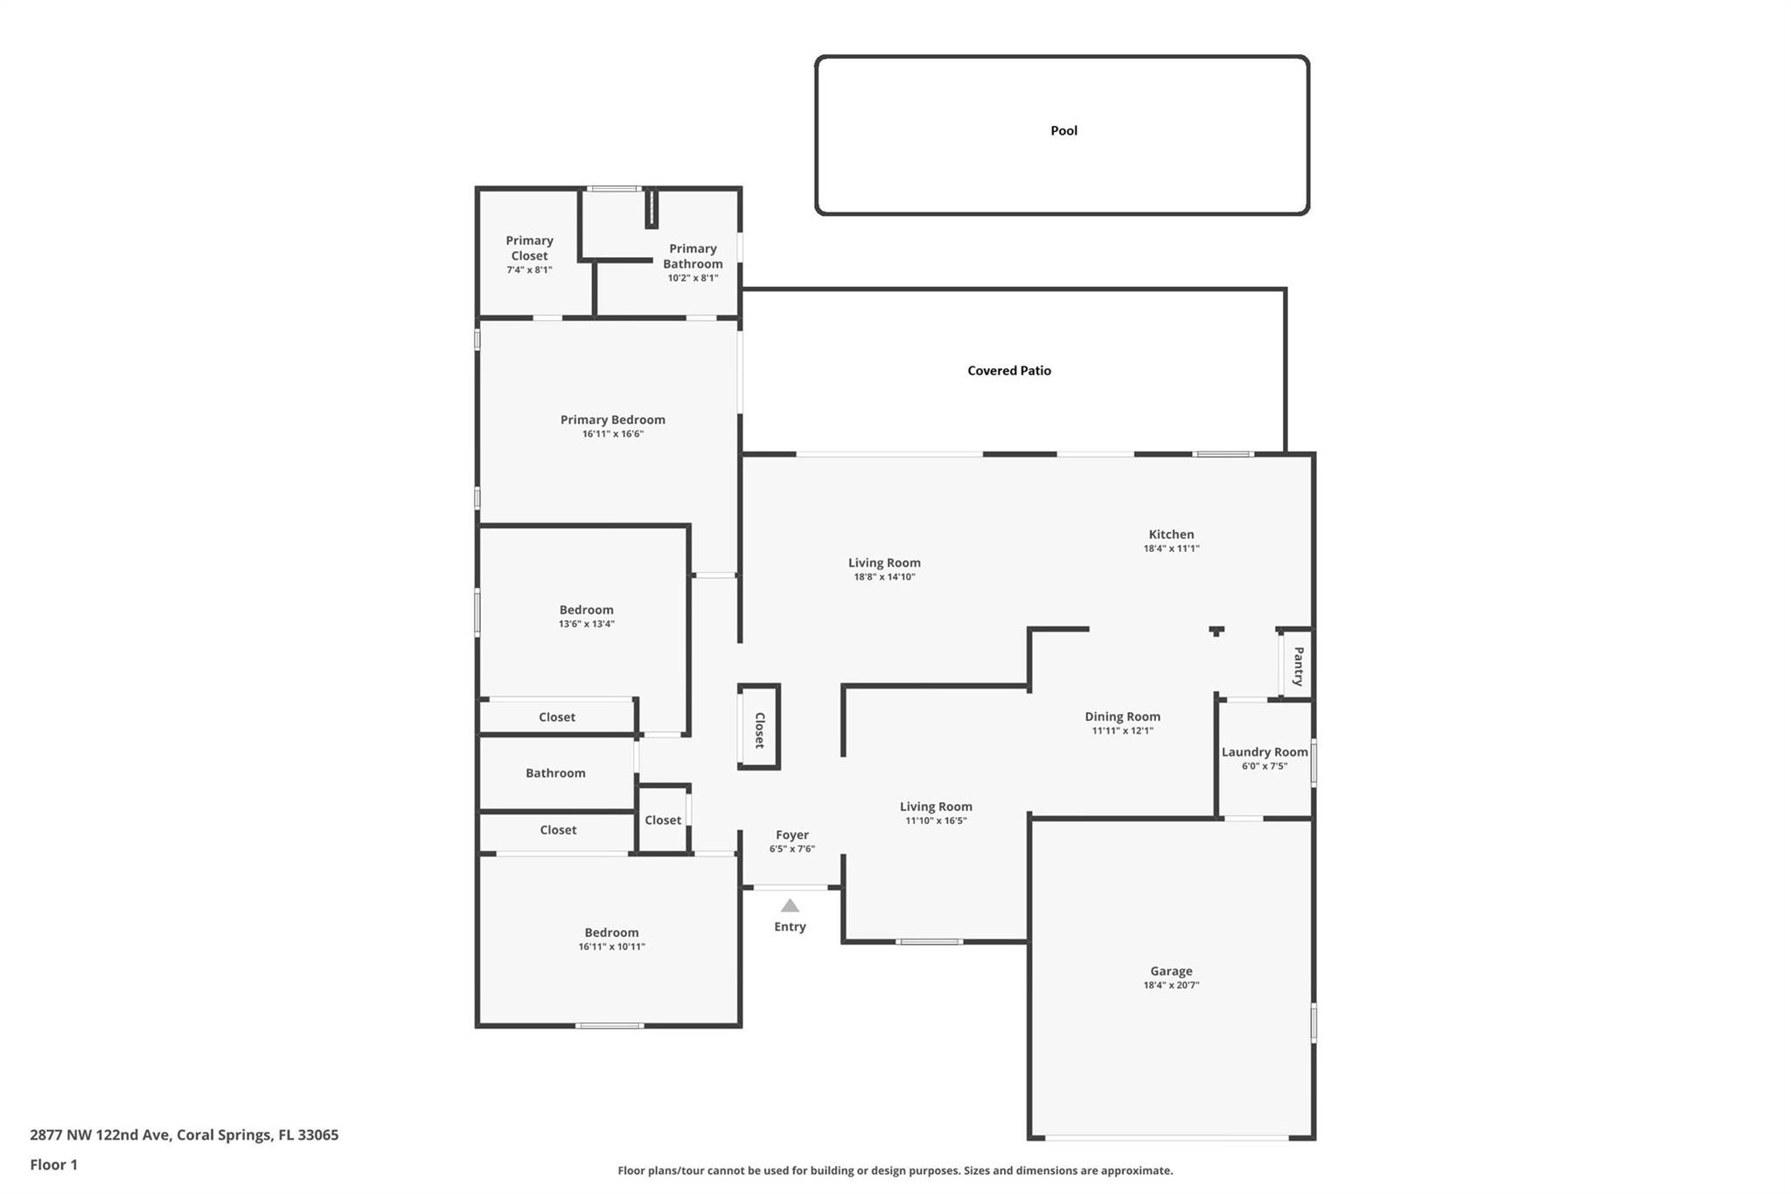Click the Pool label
[1063, 130]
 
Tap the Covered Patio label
[1009, 370]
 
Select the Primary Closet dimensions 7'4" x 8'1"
[529, 270]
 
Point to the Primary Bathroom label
[693, 256]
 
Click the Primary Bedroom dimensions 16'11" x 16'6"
[613, 434]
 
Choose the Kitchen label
[1171, 534]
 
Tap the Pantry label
[1299, 667]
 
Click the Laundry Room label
[1265, 751]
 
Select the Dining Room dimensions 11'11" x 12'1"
[1123, 730]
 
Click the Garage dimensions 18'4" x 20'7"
[1171, 985]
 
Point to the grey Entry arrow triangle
[790, 905]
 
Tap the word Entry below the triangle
[790, 926]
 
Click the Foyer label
[792, 834]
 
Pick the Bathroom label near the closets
[555, 772]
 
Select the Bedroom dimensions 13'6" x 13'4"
[587, 624]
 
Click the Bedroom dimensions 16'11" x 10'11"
[612, 946]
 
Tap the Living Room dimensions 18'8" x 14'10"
[884, 576]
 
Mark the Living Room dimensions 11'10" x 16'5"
[936, 820]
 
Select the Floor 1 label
[53, 1164]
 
